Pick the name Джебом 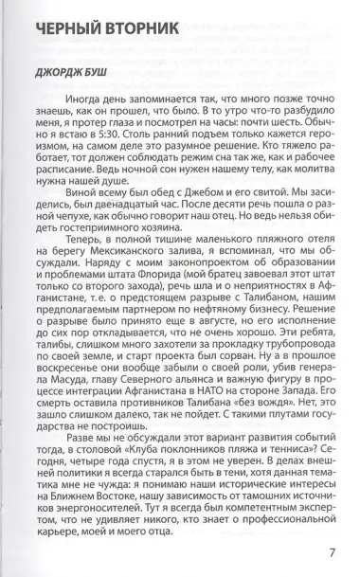click(177, 215)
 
